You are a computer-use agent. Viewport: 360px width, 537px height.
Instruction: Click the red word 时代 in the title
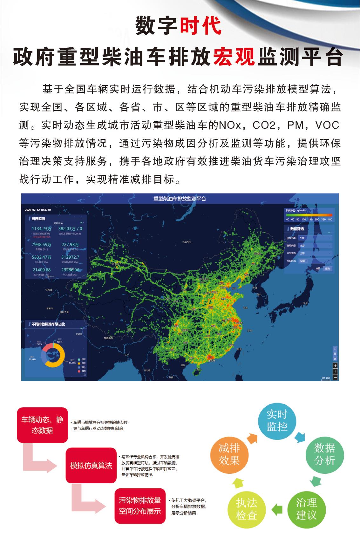pyautogui.click(x=200, y=26)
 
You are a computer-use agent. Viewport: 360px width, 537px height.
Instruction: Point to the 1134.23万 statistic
pyautogui.click(x=41, y=228)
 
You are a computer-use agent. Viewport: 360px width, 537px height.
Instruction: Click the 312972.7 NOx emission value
pyautogui.click(x=70, y=257)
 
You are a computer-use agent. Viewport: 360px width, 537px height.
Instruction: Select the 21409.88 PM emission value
pyautogui.click(x=41, y=270)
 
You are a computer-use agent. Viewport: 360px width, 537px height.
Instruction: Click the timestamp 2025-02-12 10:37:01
pyautogui.click(x=38, y=210)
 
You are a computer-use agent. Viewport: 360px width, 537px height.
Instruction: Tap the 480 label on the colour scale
pyautogui.click(x=330, y=219)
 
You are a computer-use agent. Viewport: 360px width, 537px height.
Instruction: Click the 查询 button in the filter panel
pyautogui.click(x=327, y=268)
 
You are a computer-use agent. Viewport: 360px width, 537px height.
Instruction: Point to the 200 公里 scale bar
pyautogui.click(x=326, y=378)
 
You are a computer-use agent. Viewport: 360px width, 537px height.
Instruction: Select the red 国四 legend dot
pyautogui.click(x=79, y=371)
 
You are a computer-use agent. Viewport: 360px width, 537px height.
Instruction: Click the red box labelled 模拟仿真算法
pyautogui.click(x=91, y=466)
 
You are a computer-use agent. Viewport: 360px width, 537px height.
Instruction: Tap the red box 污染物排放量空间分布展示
pyautogui.click(x=140, y=506)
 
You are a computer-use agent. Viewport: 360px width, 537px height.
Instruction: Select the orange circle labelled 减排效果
pyautogui.click(x=229, y=455)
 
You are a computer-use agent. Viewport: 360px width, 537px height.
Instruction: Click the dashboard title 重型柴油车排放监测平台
pyautogui.click(x=180, y=199)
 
